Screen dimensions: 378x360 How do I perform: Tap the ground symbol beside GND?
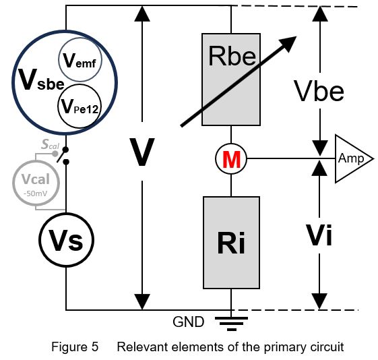(x=231, y=324)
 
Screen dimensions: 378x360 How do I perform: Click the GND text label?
(x=189, y=322)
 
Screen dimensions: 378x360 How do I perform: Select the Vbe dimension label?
(x=319, y=91)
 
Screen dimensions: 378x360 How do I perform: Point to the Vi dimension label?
(x=319, y=235)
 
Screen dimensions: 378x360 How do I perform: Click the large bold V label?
(x=141, y=152)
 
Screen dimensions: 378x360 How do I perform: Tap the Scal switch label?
(x=50, y=144)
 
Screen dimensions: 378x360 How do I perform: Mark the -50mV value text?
(x=36, y=193)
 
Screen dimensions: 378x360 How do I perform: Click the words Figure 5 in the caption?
(x=75, y=347)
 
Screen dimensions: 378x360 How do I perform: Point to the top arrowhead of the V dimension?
(x=142, y=13)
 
